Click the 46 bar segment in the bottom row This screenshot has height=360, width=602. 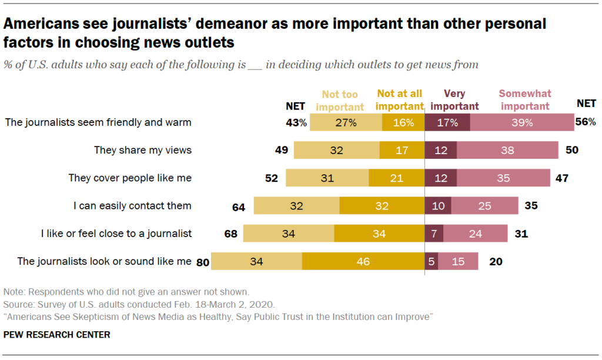pyautogui.click(x=363, y=261)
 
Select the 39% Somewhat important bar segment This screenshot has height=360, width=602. pyautogui.click(x=522, y=122)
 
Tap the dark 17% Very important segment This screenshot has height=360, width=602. pyautogui.click(x=447, y=122)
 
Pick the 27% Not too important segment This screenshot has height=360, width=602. pyautogui.click(x=346, y=122)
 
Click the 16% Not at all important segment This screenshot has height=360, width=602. pyautogui.click(x=403, y=122)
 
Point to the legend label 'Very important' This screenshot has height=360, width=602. pyautogui.click(x=461, y=99)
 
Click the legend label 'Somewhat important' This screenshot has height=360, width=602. pyautogui.click(x=524, y=99)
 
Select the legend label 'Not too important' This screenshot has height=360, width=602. pyautogui.click(x=343, y=99)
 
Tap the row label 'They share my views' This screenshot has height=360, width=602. pyautogui.click(x=143, y=150)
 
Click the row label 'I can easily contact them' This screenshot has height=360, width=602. pyautogui.click(x=132, y=206)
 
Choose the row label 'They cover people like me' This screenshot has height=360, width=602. pyautogui.click(x=130, y=178)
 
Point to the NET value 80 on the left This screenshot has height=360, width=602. pyautogui.click(x=203, y=261)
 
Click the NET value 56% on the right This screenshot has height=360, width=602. pyautogui.click(x=586, y=122)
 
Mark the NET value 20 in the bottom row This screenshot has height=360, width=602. pyautogui.click(x=496, y=261)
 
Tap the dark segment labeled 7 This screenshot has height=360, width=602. pyautogui.click(x=433, y=234)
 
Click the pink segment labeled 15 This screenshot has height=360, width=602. pyautogui.click(x=459, y=261)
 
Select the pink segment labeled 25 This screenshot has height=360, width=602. pyautogui.click(x=485, y=206)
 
